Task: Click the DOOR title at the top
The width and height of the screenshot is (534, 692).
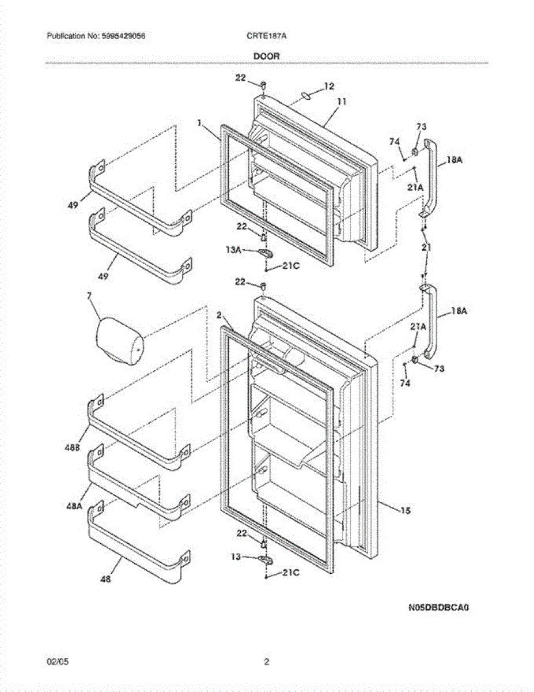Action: coord(266,57)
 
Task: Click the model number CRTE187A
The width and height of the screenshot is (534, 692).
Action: coord(266,36)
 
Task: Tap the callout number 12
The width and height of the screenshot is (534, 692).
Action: coord(329,86)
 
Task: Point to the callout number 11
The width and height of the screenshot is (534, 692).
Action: coord(341,101)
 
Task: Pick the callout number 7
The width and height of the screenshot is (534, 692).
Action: coord(89,296)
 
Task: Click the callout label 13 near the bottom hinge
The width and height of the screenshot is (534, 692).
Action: coord(236,557)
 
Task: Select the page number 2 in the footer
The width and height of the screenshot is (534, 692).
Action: coord(266,661)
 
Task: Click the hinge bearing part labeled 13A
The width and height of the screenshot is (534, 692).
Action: coord(266,253)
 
